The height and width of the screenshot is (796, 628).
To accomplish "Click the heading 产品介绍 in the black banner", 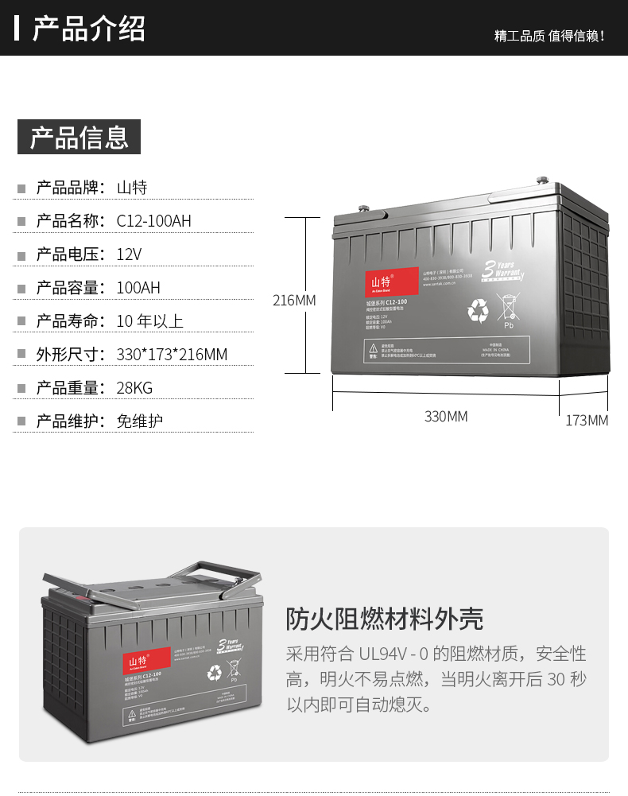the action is pos(88,28).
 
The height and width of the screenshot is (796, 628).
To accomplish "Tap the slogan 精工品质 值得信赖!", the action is pos(549,36).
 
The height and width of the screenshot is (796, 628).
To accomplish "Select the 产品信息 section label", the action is pos(79,137).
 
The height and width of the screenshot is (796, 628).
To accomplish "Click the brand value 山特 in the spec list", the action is pos(132,188).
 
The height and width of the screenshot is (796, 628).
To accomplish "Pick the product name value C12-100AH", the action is pos(153,221).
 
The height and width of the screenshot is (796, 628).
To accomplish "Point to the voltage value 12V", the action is pos(129,254).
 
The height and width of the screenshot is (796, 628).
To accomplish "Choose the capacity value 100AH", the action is pos(138,288).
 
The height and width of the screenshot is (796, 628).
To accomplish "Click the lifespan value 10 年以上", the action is pos(149,321).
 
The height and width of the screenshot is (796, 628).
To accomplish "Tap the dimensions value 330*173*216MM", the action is pos(172,355).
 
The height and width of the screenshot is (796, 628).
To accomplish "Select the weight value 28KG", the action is pos(134,388).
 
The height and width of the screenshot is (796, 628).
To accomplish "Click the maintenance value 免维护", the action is pos(140,421).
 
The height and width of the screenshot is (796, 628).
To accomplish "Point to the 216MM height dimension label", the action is pos(294,301).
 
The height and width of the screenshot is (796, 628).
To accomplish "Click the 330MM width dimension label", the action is pos(446,417).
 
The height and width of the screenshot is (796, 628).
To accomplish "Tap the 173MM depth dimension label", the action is pos(587,420).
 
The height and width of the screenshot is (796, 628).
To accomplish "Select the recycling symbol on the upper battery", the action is pos(478,311).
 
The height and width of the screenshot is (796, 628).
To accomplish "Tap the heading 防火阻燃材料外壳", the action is pos(385,619).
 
